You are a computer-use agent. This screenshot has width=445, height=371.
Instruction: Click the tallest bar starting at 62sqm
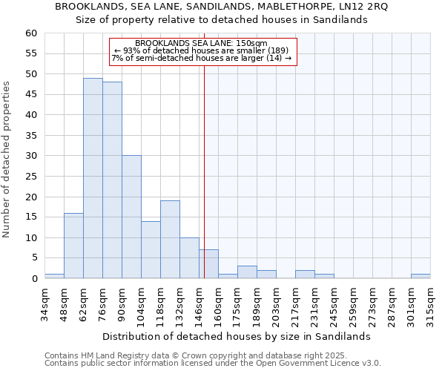coord(93,178)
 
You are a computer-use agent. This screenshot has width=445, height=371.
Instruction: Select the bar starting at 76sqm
coord(112,180)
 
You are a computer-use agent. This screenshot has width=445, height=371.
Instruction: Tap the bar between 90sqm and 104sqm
coord(131,217)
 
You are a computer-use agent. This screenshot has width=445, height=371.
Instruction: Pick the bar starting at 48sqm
coord(73,246)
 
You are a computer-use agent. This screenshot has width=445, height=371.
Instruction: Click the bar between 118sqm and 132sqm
coord(170,240)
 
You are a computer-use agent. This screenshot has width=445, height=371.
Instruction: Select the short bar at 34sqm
coord(54,276)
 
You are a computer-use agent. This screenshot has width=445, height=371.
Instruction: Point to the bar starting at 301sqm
coord(421,276)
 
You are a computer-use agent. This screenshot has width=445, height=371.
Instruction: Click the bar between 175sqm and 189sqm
coord(247,272)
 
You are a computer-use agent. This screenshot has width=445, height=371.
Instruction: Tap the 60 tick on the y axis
coord(30,33)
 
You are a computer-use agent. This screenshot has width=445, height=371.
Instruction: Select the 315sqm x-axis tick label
coord(429,304)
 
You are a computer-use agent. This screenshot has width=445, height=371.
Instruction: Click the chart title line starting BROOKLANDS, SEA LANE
coord(222,6)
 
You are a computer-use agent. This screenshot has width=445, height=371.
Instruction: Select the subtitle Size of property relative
coord(222,20)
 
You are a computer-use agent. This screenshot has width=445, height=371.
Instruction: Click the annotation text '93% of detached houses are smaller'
coord(202,50)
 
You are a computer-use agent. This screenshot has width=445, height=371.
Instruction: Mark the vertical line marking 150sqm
coord(204,171)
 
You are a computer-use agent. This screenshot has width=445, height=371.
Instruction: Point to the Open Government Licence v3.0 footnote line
coord(212,364)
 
